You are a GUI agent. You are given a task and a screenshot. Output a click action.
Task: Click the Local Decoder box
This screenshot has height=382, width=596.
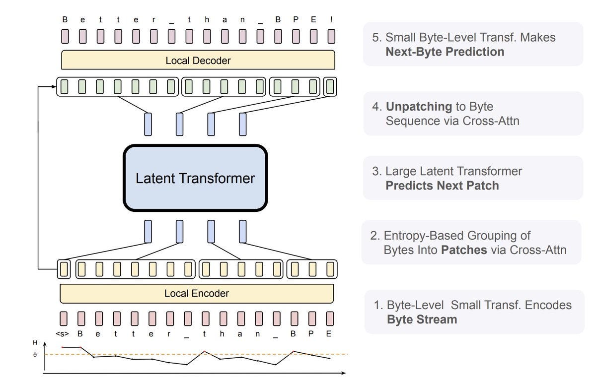(x=198, y=60)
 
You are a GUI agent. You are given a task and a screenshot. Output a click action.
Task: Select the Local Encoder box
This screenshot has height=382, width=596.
(x=197, y=294)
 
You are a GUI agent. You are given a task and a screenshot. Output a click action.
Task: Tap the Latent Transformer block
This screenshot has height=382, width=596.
(x=195, y=178)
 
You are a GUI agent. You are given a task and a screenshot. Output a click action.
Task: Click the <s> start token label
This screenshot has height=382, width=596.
(x=62, y=334)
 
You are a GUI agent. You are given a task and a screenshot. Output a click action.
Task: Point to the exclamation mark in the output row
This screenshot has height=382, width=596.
(x=331, y=19)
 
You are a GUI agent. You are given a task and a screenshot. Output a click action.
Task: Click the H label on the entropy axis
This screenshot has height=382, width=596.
(x=35, y=343)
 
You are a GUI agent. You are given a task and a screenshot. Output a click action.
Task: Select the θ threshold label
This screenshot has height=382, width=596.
(x=35, y=355)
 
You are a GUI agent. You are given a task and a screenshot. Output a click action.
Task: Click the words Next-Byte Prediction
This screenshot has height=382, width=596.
(x=445, y=52)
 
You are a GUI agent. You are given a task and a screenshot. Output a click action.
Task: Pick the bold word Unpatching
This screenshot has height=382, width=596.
(x=419, y=107)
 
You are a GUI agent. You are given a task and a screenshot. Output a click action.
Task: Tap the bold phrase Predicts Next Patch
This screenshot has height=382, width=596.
(x=442, y=186)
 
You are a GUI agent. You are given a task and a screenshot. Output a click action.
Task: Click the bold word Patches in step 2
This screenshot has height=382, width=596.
(x=464, y=250)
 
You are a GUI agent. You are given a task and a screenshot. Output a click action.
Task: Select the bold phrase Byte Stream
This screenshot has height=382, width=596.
(x=422, y=319)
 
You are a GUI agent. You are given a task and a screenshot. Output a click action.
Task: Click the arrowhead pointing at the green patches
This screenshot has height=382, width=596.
(x=54, y=86)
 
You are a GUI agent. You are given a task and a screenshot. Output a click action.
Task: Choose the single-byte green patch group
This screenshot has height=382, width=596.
(x=330, y=87)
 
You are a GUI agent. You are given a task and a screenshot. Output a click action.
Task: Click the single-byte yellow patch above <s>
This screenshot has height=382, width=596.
(x=64, y=269)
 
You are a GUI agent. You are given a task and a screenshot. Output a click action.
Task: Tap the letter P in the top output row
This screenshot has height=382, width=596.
(x=296, y=19)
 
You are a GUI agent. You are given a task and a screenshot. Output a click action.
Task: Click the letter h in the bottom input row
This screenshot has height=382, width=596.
(x=222, y=334)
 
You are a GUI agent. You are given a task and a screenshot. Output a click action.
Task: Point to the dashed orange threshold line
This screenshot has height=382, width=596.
(x=196, y=354)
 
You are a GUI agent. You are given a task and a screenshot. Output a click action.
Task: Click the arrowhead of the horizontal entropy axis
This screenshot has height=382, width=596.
(x=343, y=373)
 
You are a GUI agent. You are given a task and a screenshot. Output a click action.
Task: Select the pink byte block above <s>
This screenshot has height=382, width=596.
(x=64, y=318)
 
